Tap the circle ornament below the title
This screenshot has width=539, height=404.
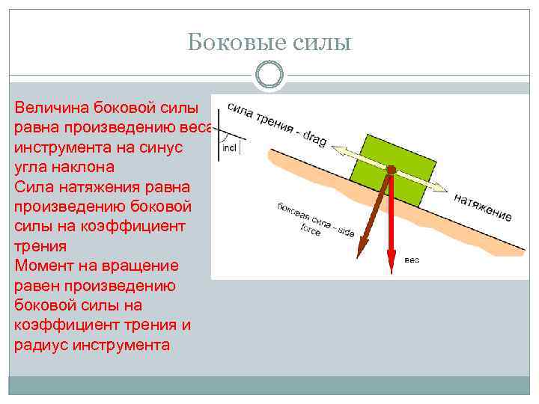click(x=269, y=75)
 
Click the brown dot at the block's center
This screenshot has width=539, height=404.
click(x=389, y=170)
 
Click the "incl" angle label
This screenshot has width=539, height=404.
click(x=229, y=148)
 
